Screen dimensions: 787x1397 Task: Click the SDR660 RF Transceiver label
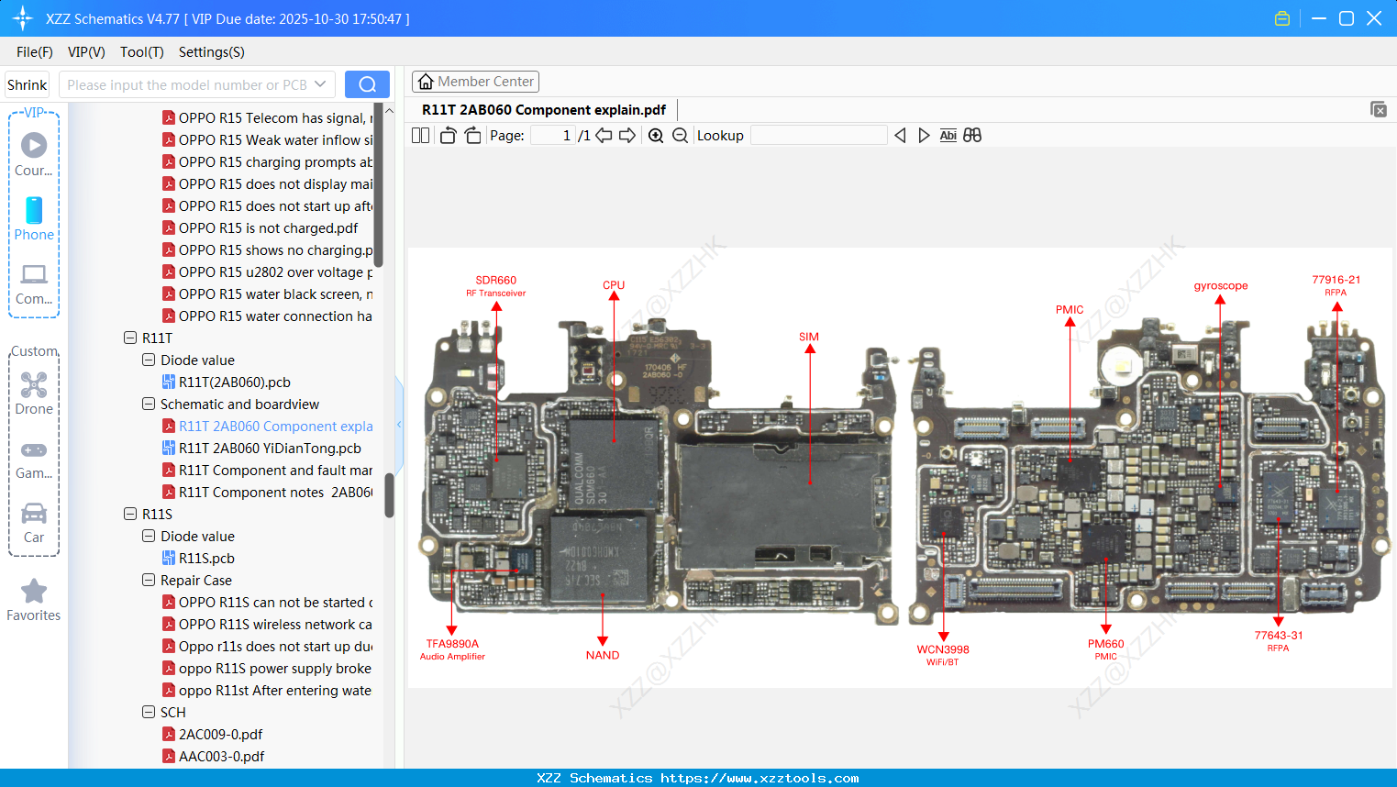(x=495, y=285)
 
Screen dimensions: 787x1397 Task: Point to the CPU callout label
(x=614, y=285)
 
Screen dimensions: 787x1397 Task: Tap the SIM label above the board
(x=808, y=337)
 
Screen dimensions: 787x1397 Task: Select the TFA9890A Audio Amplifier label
(x=452, y=649)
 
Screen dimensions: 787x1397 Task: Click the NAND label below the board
(x=603, y=655)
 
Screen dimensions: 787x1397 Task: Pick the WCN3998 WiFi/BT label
(x=943, y=654)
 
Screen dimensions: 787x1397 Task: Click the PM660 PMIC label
(x=1105, y=649)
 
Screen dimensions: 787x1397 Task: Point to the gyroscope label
(x=1220, y=285)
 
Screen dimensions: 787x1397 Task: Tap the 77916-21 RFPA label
(x=1336, y=285)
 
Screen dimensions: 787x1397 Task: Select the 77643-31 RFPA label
(x=1279, y=640)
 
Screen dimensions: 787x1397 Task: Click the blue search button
(x=367, y=84)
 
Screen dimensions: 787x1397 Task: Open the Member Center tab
(x=475, y=82)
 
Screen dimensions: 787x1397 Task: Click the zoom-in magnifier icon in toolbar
(x=656, y=136)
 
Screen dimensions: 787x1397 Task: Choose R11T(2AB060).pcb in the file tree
(x=234, y=382)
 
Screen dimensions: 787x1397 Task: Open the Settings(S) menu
(x=211, y=52)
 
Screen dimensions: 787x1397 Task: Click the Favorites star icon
(x=34, y=593)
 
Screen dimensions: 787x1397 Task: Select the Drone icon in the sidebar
(x=34, y=386)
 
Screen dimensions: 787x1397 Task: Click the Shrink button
(x=27, y=84)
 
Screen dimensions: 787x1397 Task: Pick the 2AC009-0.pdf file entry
(x=220, y=735)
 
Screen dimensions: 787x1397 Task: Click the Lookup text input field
(x=818, y=136)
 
